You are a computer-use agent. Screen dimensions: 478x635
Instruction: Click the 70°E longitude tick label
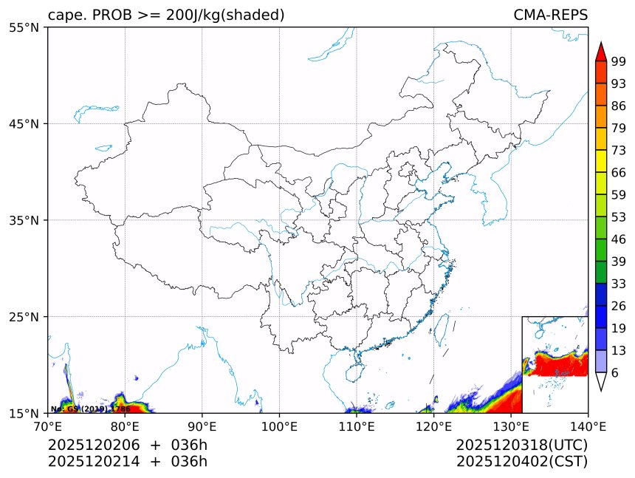tap(48, 426)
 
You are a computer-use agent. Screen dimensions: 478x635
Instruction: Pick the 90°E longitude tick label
tap(202, 426)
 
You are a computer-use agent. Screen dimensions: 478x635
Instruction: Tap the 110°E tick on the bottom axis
tap(357, 426)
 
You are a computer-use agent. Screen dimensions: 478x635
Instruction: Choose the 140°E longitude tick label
tap(588, 426)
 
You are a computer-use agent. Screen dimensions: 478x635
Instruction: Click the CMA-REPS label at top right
tap(550, 16)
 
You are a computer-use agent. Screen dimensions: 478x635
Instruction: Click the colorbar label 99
tap(619, 61)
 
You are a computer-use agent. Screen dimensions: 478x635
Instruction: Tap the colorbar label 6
tap(615, 373)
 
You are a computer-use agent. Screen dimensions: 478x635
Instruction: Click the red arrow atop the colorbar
tap(600, 52)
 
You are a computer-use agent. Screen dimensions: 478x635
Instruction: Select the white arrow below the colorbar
tap(600, 381)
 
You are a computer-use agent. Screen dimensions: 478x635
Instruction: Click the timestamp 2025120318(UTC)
tap(521, 445)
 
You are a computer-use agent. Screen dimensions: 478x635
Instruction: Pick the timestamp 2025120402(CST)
tap(521, 462)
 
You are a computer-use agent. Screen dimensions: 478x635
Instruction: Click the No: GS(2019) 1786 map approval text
tap(90, 409)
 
